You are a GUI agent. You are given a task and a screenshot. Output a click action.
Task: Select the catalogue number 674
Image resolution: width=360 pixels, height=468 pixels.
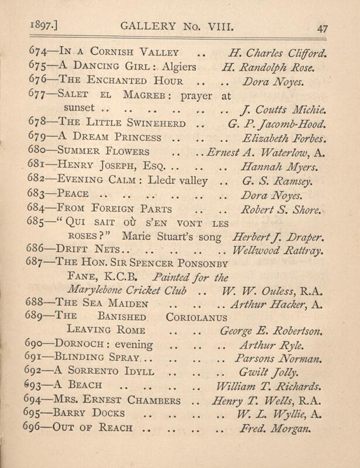tap(37, 54)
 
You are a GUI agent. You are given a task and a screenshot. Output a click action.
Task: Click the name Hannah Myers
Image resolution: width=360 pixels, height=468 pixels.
tap(277, 166)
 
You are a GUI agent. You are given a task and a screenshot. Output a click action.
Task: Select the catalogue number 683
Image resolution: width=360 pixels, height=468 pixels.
tap(37, 194)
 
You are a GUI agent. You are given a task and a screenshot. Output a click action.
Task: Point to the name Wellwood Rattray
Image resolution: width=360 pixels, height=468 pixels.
tap(278, 251)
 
